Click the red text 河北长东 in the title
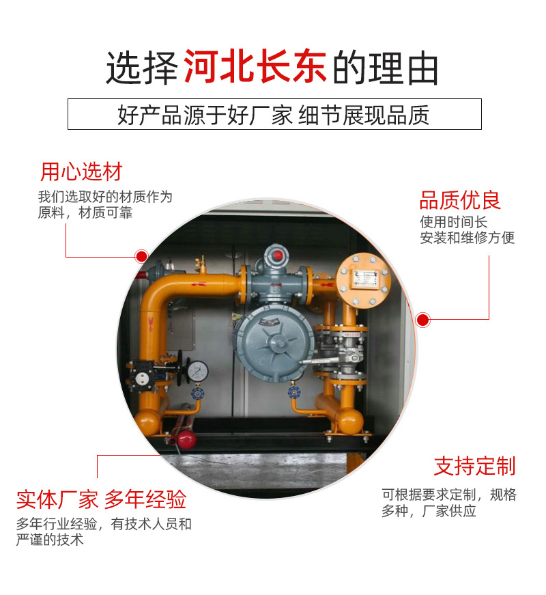coord(255,67)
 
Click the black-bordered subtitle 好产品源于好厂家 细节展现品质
coord(274,114)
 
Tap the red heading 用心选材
coord(81,171)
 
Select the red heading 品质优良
coord(459,200)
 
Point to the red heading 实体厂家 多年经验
coord(101,499)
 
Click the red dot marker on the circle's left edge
coord(141,257)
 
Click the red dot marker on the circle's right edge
coord(423,319)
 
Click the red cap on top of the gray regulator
coord(276,255)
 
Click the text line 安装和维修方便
coord(467,238)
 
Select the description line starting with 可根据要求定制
coord(448,495)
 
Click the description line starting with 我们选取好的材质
coord(105,197)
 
